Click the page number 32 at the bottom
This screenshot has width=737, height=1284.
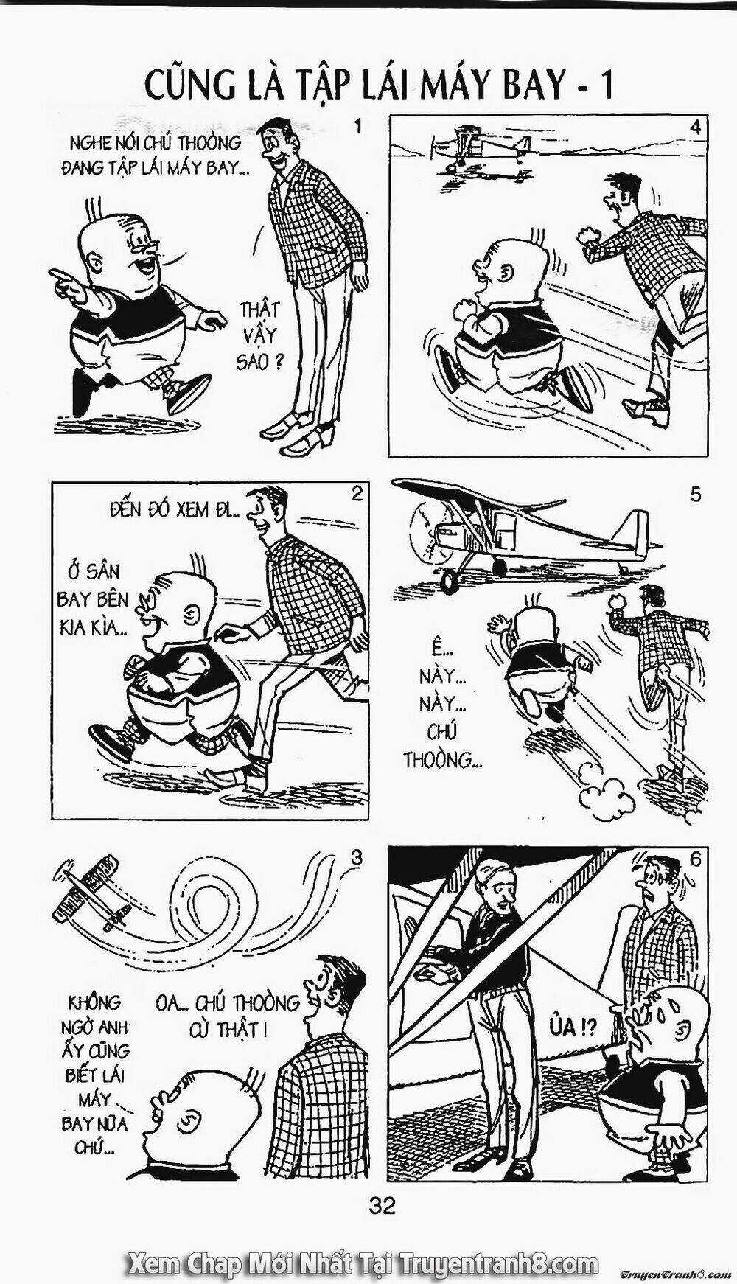coord(383,1206)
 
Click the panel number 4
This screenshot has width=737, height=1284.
coord(695,127)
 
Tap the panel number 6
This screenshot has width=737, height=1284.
coord(695,859)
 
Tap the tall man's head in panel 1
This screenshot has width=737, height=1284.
coord(281,144)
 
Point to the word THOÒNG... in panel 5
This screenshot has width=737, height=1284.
coord(441,760)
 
